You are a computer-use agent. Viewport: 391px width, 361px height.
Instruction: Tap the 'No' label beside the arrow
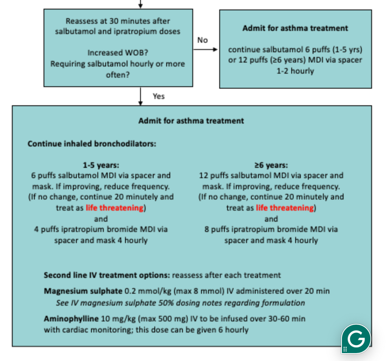[x=202, y=40]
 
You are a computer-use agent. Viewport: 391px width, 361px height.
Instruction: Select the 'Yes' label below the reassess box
[x=158, y=96]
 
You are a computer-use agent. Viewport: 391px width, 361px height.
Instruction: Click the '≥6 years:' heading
[x=271, y=165]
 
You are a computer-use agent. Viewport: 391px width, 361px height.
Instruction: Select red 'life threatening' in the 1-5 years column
[x=114, y=208]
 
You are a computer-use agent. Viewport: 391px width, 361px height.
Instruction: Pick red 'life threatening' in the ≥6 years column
[x=285, y=208]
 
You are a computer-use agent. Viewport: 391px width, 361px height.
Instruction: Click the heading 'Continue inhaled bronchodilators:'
[x=92, y=143]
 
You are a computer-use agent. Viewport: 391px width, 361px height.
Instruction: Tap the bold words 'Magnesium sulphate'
[x=83, y=291]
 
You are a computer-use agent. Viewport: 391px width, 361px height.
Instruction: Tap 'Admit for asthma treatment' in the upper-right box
[x=295, y=28]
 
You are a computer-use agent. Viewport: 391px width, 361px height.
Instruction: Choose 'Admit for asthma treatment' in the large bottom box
[x=191, y=121]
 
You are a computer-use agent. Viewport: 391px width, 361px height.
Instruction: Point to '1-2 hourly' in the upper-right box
[x=295, y=71]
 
